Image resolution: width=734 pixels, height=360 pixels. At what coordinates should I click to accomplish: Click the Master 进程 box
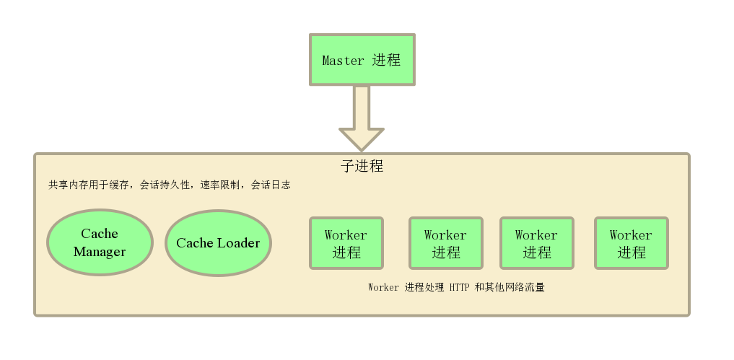(x=362, y=60)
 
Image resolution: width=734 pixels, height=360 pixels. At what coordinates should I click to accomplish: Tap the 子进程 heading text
(x=362, y=166)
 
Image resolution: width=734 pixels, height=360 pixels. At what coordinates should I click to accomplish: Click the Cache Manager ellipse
(x=100, y=242)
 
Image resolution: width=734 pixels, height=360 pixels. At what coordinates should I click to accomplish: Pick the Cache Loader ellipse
(x=218, y=243)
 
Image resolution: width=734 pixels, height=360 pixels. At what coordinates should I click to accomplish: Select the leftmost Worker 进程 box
(x=346, y=243)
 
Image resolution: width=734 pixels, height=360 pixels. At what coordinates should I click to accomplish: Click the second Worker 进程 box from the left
(x=445, y=243)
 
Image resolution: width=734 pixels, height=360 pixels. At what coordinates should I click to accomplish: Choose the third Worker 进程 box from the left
(x=536, y=243)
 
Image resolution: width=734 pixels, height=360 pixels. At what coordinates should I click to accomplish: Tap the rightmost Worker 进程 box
(x=631, y=243)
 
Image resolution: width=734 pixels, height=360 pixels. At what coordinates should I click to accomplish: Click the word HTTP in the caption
(x=459, y=287)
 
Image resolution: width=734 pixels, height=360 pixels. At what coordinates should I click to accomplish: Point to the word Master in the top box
(x=343, y=61)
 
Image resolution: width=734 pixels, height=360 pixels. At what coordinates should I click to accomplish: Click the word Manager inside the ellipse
(x=100, y=252)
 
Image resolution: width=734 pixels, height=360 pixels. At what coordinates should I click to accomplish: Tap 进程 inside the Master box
(x=387, y=61)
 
